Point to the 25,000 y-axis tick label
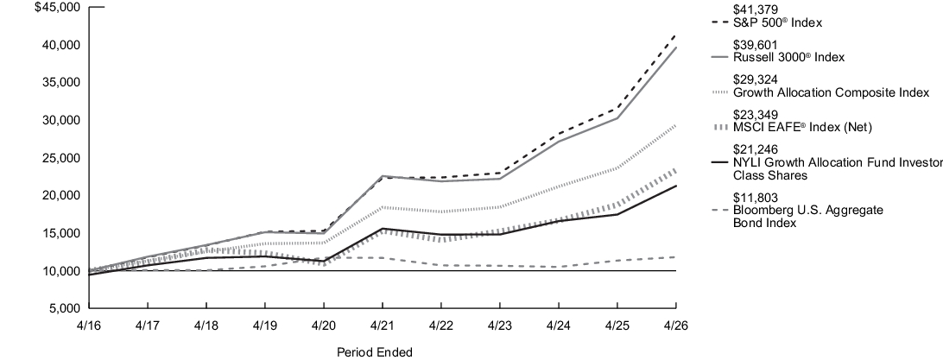tap(63, 158)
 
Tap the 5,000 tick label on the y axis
tap(66, 308)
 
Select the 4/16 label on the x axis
tap(88, 325)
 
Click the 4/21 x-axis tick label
tap(382, 325)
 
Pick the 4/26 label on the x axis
tap(675, 325)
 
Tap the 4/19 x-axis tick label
tap(264, 325)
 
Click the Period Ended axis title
tap(375, 352)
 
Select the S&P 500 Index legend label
tap(777, 22)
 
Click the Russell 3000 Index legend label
tap(788, 58)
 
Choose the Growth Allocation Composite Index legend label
tap(831, 92)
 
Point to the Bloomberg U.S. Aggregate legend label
tap(807, 211)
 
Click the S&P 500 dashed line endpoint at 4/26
tap(675, 35)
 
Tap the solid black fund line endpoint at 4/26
tap(675, 186)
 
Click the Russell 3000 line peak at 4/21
tap(382, 176)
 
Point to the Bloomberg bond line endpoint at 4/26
tap(675, 256)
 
